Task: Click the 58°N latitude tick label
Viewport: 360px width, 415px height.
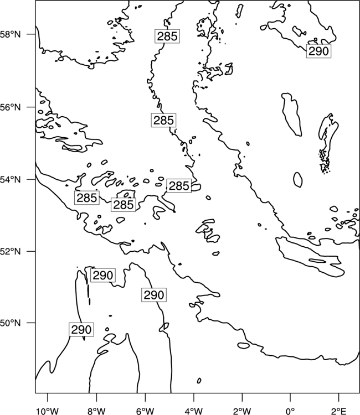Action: (x=10, y=34)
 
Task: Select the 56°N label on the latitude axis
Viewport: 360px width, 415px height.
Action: (x=10, y=107)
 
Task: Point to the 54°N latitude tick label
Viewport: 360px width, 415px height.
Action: (x=10, y=180)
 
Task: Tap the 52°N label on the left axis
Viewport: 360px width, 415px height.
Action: (x=10, y=251)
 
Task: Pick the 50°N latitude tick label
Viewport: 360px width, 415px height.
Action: (x=10, y=323)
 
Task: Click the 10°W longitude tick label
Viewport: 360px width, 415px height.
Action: (x=48, y=411)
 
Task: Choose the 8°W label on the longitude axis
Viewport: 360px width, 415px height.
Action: (x=96, y=411)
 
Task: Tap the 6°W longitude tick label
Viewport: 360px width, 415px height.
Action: (x=145, y=411)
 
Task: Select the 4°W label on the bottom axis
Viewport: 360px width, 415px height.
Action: (x=194, y=411)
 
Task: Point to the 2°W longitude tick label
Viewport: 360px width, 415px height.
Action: (x=242, y=411)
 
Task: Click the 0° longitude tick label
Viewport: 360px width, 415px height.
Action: (x=290, y=411)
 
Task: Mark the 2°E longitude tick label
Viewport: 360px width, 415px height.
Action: (x=339, y=411)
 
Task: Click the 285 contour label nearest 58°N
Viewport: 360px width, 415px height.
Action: (x=167, y=36)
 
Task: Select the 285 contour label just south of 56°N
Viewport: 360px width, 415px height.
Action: (x=164, y=120)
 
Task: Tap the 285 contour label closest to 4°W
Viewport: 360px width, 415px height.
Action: (x=179, y=186)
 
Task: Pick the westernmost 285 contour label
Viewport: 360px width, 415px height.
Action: (x=87, y=198)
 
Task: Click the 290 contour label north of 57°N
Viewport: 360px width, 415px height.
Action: (x=318, y=51)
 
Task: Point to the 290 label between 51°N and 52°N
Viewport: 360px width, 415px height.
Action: (x=103, y=275)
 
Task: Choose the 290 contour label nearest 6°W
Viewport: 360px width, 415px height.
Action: (x=154, y=294)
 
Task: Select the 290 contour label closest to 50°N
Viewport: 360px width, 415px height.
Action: (x=81, y=330)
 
